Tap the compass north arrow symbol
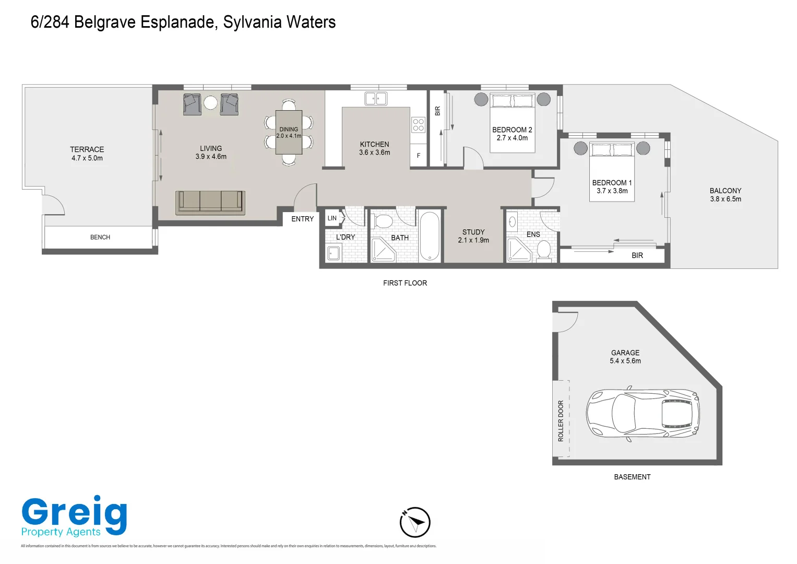point(415,522)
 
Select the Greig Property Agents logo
point(74,516)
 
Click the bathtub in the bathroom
point(430,236)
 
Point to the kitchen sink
point(375,98)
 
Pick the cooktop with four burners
point(418,124)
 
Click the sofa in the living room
point(210,202)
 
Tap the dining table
point(289,132)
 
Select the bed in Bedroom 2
point(512,122)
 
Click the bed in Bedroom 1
point(612,170)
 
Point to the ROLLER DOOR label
point(561,421)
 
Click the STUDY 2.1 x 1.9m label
point(473,236)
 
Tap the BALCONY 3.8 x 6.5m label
point(725,195)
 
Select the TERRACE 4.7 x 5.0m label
point(87,154)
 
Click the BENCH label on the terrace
point(100,237)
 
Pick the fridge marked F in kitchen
point(418,156)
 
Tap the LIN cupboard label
point(332,218)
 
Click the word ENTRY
point(302,219)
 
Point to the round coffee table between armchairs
point(210,103)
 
